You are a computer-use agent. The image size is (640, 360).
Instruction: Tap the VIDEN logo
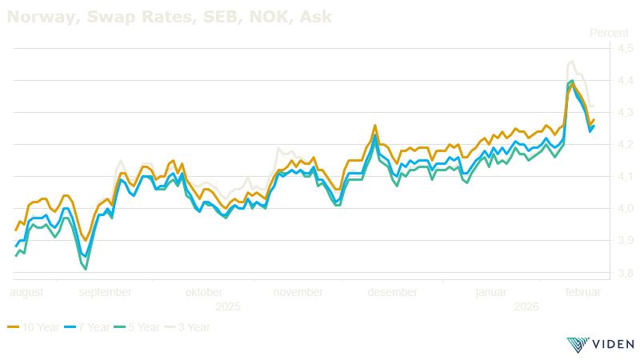(x=599, y=344)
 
